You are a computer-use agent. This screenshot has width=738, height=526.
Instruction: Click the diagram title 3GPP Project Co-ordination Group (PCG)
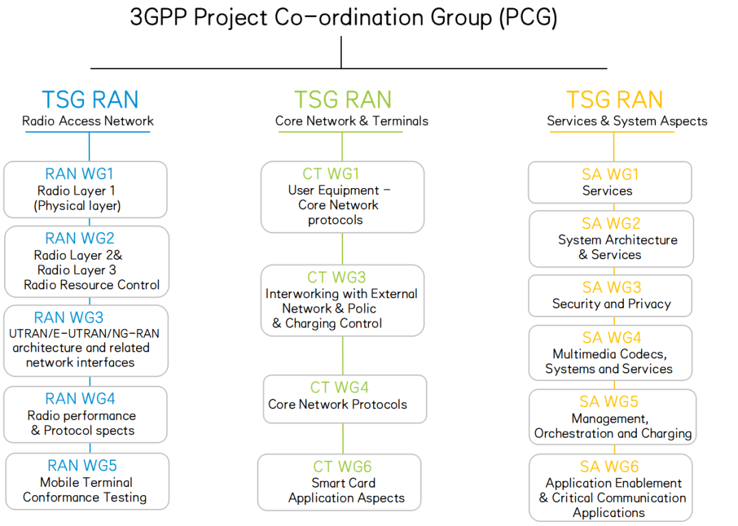344,18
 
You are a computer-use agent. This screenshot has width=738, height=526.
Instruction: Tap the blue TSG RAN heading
90,100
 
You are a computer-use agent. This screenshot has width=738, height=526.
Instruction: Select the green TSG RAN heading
342,100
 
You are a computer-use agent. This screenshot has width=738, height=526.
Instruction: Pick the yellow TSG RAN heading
615,100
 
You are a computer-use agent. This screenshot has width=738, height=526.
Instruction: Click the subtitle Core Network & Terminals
352,121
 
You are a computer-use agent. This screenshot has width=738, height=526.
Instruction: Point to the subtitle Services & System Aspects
627,121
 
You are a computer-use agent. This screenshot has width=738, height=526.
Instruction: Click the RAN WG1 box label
79,174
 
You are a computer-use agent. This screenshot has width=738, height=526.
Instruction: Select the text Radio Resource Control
92,285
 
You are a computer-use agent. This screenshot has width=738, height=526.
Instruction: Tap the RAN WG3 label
69,317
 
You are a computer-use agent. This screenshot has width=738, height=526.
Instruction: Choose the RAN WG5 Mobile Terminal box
87,482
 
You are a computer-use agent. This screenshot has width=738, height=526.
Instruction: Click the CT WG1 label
331,174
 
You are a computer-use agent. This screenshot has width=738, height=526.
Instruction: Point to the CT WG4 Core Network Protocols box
345,399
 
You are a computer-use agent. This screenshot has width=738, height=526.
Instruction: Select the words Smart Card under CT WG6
344,483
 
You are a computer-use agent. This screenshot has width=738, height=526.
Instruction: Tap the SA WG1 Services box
610,183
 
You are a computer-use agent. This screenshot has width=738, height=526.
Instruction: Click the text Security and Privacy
612,304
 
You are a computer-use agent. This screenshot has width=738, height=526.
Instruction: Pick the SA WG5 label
609,402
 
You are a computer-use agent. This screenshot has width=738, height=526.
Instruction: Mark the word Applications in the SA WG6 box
609,513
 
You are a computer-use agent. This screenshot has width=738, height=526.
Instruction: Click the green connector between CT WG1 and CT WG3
342,249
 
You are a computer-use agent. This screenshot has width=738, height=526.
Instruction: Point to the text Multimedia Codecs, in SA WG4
610,354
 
